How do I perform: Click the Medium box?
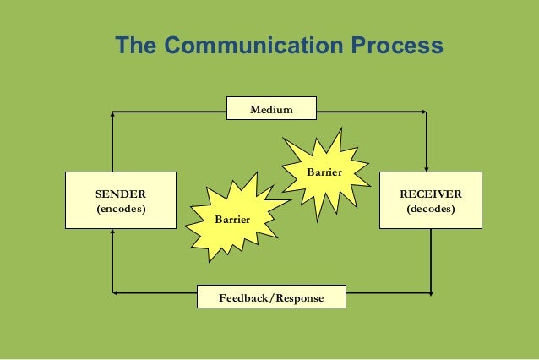pos(271,110)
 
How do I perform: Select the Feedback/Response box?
pos(271,298)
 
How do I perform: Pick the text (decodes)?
pos(431,208)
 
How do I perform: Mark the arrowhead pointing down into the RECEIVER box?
pos(430,166)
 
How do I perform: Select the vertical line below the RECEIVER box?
pos(430,262)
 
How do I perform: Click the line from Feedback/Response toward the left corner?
pos(156,294)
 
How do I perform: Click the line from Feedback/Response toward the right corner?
pos(389,294)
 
